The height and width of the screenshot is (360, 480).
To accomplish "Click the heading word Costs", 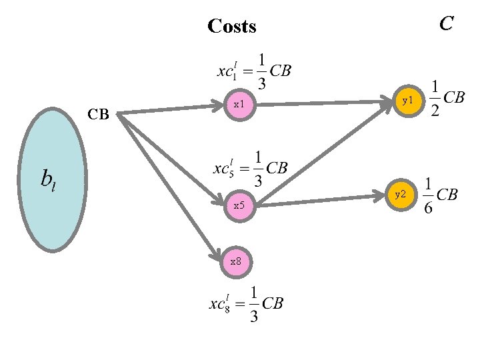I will pyautogui.click(x=231, y=27).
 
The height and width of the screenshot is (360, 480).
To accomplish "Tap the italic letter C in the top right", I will pyautogui.click(x=446, y=24).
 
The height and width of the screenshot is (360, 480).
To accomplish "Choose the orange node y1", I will pyautogui.click(x=407, y=100).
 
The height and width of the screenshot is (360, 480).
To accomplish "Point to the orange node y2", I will pyautogui.click(x=399, y=195).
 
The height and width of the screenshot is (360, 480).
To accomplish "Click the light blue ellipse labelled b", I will pyautogui.click(x=53, y=179).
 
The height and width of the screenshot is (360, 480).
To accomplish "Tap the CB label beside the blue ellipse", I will pyautogui.click(x=98, y=115).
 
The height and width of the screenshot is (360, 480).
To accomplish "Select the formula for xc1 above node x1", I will pyautogui.click(x=253, y=70).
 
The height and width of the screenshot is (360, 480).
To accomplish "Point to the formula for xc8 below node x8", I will pyautogui.click(x=247, y=303).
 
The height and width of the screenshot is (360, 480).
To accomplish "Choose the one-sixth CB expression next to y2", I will pyautogui.click(x=441, y=195).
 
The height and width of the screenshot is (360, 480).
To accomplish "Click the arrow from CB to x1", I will pyautogui.click(x=170, y=109).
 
